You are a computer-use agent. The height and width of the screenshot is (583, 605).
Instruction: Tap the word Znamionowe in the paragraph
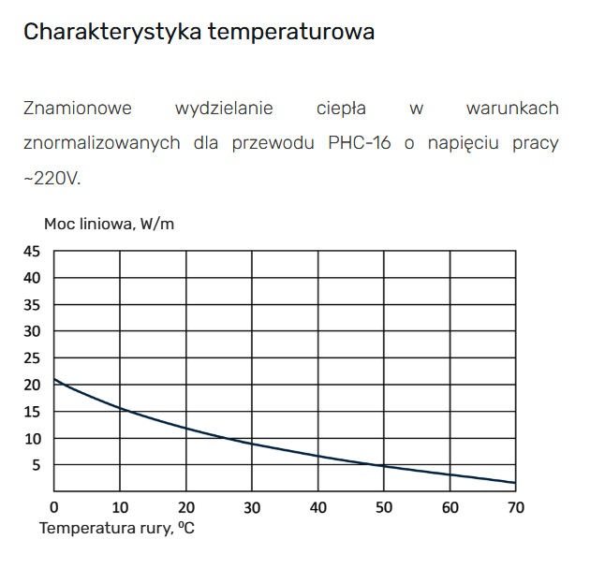(78, 109)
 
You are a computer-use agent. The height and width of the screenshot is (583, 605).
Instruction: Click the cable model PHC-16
(360, 143)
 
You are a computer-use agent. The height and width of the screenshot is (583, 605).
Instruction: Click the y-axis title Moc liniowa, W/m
(109, 224)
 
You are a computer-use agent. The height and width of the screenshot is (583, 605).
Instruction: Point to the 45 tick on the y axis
(32, 251)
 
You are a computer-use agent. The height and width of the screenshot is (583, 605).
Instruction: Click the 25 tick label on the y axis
(32, 358)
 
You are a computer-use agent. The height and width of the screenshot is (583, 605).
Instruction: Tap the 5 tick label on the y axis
(36, 465)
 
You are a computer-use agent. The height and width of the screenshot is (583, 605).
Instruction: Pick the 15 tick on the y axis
(32, 412)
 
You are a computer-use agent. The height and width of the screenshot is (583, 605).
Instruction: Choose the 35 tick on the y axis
(32, 305)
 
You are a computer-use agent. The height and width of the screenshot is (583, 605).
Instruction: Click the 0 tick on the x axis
(54, 507)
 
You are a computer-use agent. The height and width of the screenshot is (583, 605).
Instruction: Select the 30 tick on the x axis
(252, 507)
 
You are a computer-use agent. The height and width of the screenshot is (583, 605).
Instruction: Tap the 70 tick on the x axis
(515, 507)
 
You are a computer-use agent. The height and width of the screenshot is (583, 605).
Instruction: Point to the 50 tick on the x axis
(383, 507)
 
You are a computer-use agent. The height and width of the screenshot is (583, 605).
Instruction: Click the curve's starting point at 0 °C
(54, 379)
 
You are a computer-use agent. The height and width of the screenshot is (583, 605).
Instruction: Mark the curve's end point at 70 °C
(515, 483)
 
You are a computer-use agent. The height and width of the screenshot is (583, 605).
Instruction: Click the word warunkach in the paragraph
(511, 109)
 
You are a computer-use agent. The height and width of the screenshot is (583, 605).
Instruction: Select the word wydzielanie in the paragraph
(224, 109)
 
